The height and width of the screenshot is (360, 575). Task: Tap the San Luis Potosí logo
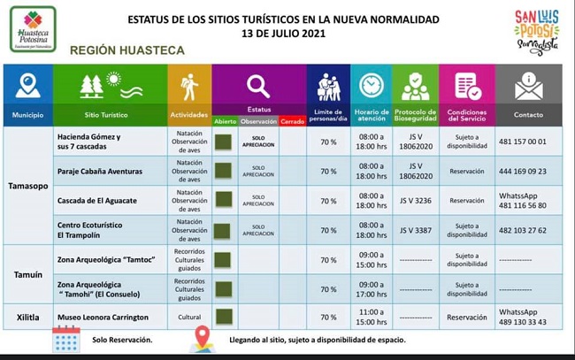pos(536,32)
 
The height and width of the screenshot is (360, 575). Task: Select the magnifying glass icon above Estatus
pos(258,86)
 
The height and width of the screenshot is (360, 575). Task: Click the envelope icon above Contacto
pos(528,87)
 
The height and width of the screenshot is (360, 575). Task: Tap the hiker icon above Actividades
pos(189,87)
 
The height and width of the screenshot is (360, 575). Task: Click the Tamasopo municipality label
pos(28,186)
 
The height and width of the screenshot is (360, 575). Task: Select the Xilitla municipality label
pos(28,317)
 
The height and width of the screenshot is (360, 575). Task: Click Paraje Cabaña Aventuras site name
pos(99,172)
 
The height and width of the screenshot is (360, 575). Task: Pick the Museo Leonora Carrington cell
pos(103,317)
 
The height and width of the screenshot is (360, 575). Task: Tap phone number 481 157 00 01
pos(522,142)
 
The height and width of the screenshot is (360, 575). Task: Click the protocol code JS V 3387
pos(414,231)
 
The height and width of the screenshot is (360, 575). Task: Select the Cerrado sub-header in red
pos(292,121)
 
